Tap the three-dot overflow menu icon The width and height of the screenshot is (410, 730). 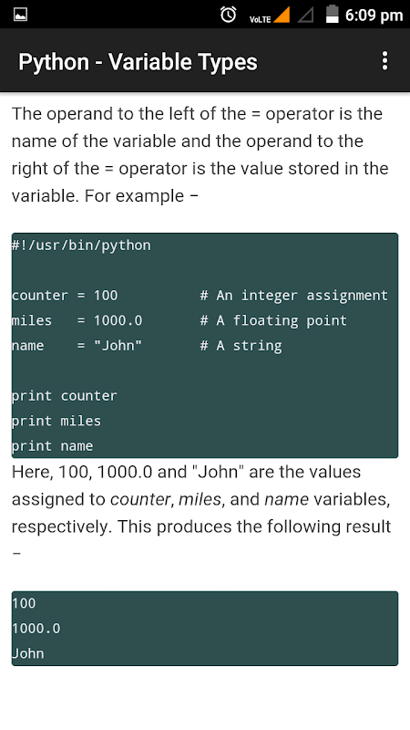coord(384,61)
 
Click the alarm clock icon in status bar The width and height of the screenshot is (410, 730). coord(228,15)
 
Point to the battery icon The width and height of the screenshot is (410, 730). coord(332,14)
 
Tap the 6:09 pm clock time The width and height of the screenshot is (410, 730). coord(374,16)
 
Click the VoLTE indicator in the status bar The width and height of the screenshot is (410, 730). coord(260,19)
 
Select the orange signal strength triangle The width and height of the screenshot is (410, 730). coord(282,15)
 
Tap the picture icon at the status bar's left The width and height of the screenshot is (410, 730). coord(20,15)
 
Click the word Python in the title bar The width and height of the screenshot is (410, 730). coord(54,62)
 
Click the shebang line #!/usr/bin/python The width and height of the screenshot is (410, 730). coord(81,245)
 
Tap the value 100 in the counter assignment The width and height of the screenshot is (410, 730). coord(106,295)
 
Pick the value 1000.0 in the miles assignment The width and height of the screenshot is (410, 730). coord(118,320)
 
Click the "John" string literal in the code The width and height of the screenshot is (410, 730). coord(118,345)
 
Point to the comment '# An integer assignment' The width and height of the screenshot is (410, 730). coord(293,296)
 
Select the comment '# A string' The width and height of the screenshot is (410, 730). coord(241,346)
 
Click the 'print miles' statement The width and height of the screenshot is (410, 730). coord(56,421)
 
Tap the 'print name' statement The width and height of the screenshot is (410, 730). coord(52,446)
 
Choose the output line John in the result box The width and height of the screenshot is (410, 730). coord(28,653)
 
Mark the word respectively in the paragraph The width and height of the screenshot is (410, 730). coord(60,527)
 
